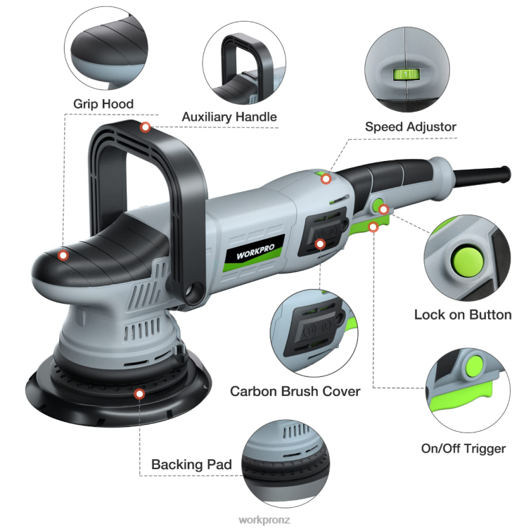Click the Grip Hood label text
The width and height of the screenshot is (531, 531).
103,104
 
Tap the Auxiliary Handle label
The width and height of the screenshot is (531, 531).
229,117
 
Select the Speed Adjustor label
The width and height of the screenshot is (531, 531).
411,127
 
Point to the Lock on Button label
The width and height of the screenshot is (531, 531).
462,314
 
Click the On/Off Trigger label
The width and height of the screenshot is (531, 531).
463,448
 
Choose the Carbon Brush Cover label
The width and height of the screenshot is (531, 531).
295,391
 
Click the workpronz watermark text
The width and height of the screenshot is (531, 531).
265,520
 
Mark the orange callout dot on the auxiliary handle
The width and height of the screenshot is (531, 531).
146,127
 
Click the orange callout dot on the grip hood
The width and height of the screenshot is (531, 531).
63,255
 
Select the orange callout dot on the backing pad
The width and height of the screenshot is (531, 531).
139,394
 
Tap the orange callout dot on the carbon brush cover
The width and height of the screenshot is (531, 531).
321,244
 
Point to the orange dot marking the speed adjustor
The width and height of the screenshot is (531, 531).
326,179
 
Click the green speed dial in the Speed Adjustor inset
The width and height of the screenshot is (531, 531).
405,73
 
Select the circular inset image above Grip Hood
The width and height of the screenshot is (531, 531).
107,49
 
